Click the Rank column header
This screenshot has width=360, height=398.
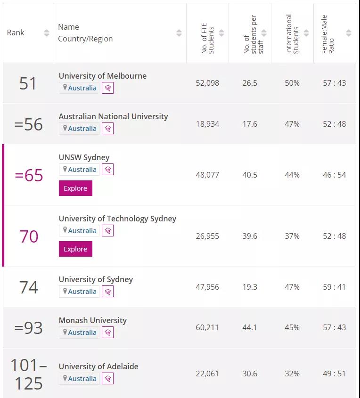pyautogui.click(x=16, y=32)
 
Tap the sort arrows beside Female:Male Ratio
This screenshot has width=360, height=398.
pyautogui.click(x=348, y=33)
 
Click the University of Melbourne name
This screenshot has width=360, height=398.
pyautogui.click(x=102, y=76)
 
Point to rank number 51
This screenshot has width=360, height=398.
pyautogui.click(x=28, y=83)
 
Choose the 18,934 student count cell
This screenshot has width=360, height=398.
pyautogui.click(x=207, y=124)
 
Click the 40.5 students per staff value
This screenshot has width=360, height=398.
pyautogui.click(x=250, y=175)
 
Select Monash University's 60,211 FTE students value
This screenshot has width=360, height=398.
pyautogui.click(x=207, y=327)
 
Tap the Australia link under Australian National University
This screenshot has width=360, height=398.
pyautogui.click(x=82, y=129)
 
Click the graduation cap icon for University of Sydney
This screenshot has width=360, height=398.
pyautogui.click(x=107, y=292)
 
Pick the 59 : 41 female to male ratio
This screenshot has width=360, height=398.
pyautogui.click(x=334, y=287)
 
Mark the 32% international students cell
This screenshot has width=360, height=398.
pyautogui.click(x=292, y=374)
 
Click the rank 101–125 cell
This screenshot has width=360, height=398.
pyautogui.click(x=29, y=374)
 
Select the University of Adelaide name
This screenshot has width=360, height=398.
pyautogui.click(x=98, y=366)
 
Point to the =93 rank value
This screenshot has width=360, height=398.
pyautogui.click(x=28, y=328)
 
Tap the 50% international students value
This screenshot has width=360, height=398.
pyautogui.click(x=292, y=83)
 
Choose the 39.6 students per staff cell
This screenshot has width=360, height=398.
pyautogui.click(x=250, y=236)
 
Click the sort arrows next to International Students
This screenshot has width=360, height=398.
pyautogui.click(x=306, y=33)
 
